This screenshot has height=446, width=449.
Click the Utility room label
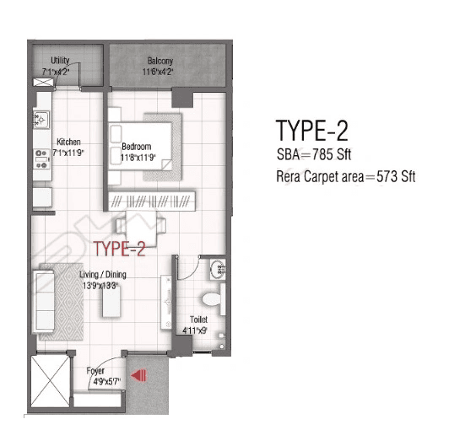pos(60,60)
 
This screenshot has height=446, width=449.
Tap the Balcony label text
pos(160,61)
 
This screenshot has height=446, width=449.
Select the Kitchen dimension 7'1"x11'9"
pos(69,153)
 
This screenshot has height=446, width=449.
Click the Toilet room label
pos(197,320)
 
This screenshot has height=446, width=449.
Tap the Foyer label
pos(96,370)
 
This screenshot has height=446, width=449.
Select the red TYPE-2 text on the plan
pos(121,249)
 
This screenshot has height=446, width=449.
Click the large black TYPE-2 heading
pos(311,132)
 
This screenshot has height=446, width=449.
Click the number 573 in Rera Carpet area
pos(387,178)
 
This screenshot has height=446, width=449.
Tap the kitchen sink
pos(40,121)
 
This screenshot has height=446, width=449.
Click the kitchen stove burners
pos(40,157)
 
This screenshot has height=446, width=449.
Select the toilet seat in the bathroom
pos(215,298)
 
